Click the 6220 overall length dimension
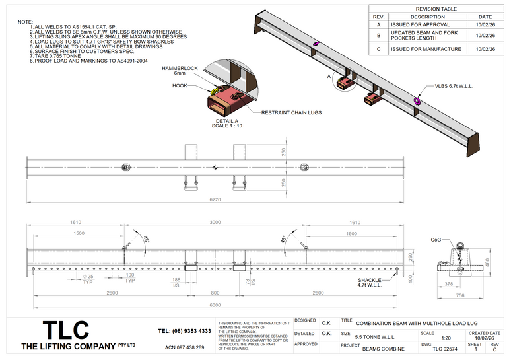click(x=215, y=198)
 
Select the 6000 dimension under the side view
click(x=215, y=305)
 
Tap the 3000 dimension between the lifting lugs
click(x=215, y=223)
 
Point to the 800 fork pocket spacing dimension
click(x=215, y=292)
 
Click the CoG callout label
click(x=436, y=240)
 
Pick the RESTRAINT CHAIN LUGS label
click(x=291, y=112)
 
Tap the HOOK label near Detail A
click(x=180, y=85)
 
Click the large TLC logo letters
click(x=65, y=330)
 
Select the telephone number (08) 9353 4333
click(x=185, y=330)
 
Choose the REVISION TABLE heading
click(x=436, y=9)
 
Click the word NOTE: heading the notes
click(x=25, y=22)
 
